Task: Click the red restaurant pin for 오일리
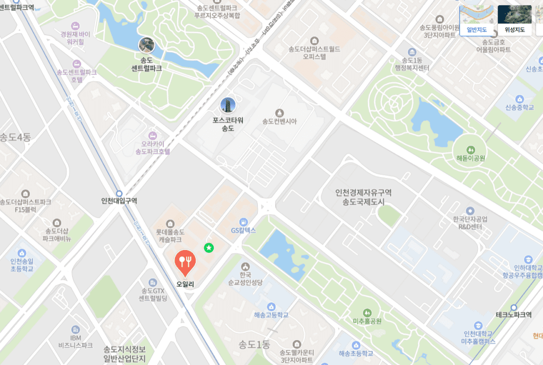(x=185, y=261)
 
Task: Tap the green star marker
(x=209, y=247)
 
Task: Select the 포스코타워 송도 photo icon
(x=227, y=105)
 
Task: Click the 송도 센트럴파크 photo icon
(x=146, y=44)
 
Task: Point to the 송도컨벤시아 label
(x=279, y=121)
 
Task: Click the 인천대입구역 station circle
(x=119, y=193)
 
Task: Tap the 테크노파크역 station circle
(x=513, y=307)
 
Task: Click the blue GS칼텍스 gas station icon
(x=243, y=221)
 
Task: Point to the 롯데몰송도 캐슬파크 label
(x=171, y=235)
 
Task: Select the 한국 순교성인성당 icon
(x=245, y=266)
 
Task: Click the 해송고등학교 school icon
(x=271, y=306)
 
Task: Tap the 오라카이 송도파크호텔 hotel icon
(x=153, y=135)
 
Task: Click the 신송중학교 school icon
(x=519, y=99)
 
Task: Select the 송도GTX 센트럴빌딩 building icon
(x=153, y=282)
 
